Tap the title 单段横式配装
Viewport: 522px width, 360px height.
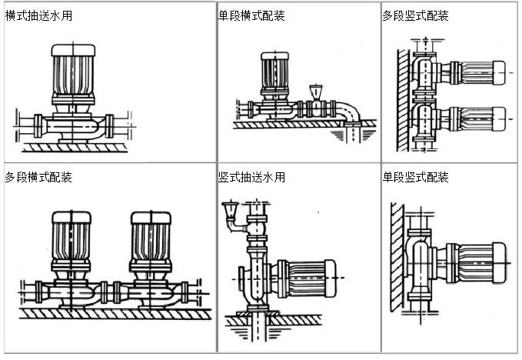coord(251,15)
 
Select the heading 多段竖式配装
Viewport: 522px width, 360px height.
coord(415,15)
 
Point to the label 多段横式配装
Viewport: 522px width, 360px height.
coord(38,178)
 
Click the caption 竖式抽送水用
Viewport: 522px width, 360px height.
coord(251,178)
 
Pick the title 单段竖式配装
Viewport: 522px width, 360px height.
coord(415,178)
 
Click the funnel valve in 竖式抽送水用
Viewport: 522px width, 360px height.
coord(229,212)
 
